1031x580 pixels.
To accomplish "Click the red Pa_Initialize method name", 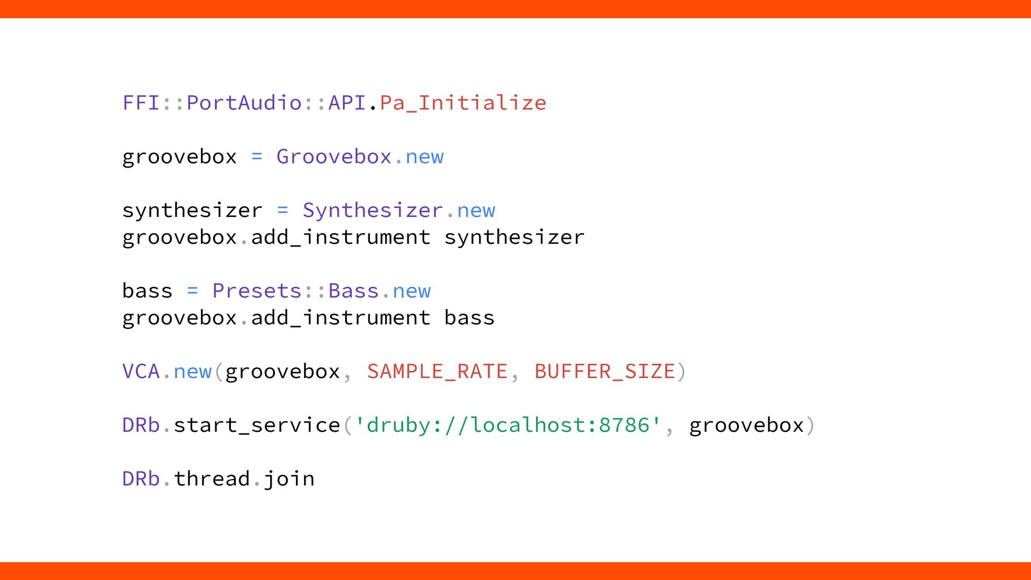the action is point(463,103).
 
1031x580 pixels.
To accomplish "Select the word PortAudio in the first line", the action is point(244,103).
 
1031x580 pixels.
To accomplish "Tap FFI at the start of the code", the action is point(141,103).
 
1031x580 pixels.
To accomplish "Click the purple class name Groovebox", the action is point(333,156).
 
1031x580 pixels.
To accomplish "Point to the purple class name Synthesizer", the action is point(373,210).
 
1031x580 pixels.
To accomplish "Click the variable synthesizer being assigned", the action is point(192,210).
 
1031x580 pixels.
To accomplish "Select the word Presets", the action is point(257,291).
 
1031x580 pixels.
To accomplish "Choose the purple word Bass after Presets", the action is point(353,291).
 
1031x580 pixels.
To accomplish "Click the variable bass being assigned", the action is point(147,291).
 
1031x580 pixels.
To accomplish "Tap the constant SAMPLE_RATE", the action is point(437,371).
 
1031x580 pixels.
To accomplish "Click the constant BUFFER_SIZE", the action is point(605,371).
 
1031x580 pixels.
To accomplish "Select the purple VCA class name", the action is point(141,371).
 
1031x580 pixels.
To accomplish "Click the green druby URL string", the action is point(508,425).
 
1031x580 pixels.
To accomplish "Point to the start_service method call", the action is point(257,425).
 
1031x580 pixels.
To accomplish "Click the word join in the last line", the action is point(289,479).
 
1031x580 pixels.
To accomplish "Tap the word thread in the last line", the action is point(212,479).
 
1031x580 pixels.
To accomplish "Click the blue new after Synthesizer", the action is point(476,210).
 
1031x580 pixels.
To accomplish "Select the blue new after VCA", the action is point(192,371).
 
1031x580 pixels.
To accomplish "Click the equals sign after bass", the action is point(192,291).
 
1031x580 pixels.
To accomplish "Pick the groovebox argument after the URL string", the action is point(746,425).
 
